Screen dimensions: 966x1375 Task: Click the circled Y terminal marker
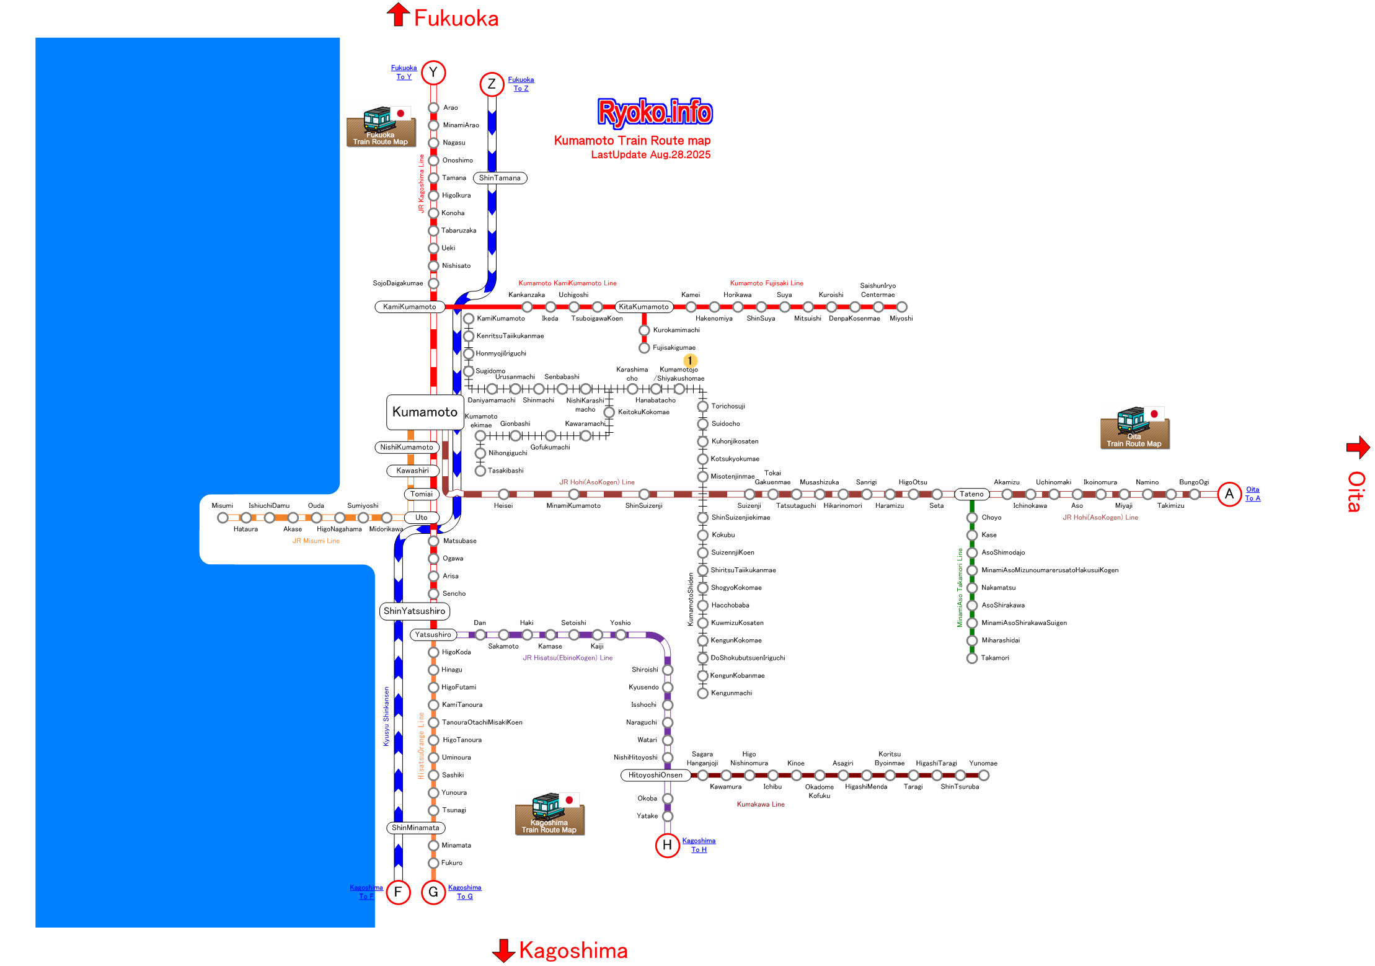click(433, 73)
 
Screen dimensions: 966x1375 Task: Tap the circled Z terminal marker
click(492, 84)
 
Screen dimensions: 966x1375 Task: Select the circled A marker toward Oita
click(1229, 494)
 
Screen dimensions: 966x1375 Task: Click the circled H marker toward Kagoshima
click(667, 844)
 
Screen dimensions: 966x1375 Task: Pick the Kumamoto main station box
click(425, 412)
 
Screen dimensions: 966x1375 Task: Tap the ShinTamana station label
click(500, 178)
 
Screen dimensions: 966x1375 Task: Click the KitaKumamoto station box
click(643, 307)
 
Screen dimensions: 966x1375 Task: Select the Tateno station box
click(971, 494)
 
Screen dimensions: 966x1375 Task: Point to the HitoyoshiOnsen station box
click(655, 775)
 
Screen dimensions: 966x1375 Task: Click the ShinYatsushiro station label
click(414, 611)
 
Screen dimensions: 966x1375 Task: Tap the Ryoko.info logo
click(655, 112)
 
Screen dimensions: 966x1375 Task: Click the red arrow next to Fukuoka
click(398, 15)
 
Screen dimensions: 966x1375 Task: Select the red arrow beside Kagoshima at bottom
click(503, 950)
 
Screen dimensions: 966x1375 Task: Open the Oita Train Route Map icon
click(1134, 428)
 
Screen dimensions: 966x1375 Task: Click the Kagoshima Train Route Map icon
click(549, 814)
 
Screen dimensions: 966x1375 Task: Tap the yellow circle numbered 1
click(690, 360)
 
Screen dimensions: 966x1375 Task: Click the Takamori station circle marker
click(972, 658)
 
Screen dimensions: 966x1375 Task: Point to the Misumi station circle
click(223, 518)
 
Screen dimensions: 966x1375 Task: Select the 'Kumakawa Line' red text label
click(761, 804)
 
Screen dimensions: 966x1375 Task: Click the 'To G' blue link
click(465, 897)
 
